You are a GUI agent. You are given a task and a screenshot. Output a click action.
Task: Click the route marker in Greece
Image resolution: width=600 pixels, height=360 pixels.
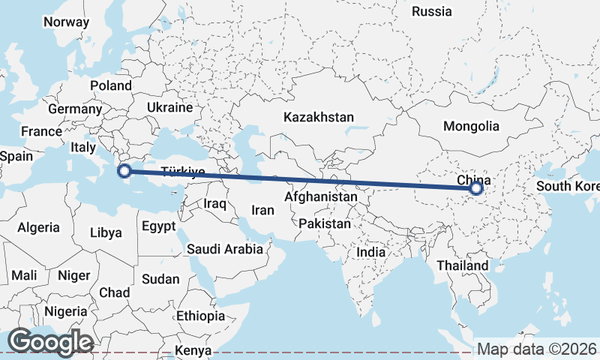125,172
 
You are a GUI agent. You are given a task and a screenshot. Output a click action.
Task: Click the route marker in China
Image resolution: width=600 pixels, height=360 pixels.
476,188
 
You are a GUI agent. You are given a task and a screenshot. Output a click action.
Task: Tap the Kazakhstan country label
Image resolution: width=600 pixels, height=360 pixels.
318,117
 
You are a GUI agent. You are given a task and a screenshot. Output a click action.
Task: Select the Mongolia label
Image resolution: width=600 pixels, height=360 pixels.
471,126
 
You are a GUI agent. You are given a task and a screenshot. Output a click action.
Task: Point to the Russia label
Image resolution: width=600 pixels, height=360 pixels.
432,11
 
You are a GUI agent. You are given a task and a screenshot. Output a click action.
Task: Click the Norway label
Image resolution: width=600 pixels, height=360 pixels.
66,22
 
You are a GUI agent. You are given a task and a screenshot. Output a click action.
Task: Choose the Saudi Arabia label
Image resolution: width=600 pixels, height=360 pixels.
225,249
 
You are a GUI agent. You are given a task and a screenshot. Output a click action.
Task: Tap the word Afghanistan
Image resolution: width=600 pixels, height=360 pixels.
321,196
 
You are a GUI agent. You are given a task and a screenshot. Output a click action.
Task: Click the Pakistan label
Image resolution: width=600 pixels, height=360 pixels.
324,223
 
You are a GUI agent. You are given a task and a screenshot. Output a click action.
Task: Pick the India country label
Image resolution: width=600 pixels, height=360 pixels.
370,252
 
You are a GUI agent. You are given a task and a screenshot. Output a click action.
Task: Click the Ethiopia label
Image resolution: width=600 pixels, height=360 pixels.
201,316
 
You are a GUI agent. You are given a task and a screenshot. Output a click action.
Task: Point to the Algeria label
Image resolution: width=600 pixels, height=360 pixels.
38,226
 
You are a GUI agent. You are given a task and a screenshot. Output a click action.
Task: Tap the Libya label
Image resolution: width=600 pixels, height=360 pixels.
106,232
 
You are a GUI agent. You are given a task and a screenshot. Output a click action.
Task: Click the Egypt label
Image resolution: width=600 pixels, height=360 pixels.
158,226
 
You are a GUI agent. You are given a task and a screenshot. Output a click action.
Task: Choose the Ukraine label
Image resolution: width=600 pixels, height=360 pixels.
170,108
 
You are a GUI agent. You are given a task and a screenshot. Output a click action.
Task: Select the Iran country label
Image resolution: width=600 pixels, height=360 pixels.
262,211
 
